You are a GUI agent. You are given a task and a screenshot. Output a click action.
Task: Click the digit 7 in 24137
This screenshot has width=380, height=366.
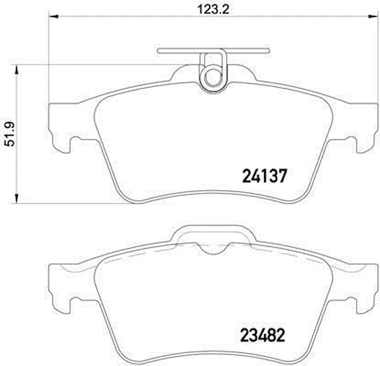click(x=281, y=176)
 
